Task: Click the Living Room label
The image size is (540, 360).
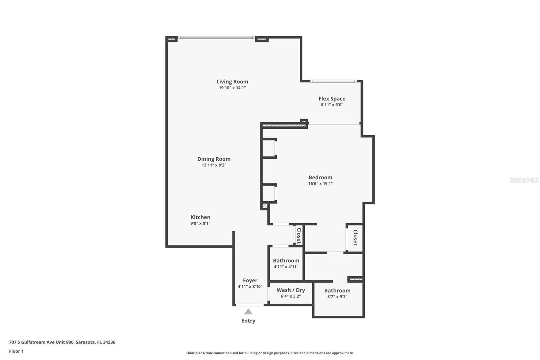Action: tap(232, 81)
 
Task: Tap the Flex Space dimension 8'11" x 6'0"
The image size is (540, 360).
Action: tap(332, 105)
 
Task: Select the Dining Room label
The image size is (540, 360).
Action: tap(214, 159)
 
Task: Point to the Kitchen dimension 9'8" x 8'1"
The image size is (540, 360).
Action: tap(200, 223)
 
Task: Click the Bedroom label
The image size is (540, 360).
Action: tap(320, 177)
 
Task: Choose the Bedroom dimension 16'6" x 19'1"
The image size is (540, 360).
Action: tap(320, 184)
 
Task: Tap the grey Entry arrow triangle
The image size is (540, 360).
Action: tap(248, 312)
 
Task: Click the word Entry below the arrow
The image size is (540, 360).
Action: tap(248, 321)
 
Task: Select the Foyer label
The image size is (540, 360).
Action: tap(250, 280)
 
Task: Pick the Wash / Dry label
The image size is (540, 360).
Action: tap(291, 290)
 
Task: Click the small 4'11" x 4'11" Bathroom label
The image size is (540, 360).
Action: tap(286, 260)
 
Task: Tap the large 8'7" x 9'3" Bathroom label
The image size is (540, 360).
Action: tap(337, 290)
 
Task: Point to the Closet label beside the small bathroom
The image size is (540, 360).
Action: tap(299, 236)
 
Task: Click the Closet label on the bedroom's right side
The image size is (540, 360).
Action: tap(355, 237)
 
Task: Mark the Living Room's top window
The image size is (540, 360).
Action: tap(216, 37)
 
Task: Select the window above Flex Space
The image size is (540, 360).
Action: tap(333, 81)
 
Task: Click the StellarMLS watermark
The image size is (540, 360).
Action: tap(524, 180)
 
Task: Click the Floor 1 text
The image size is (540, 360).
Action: tap(16, 351)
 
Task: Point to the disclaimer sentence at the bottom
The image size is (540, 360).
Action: tap(270, 353)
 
